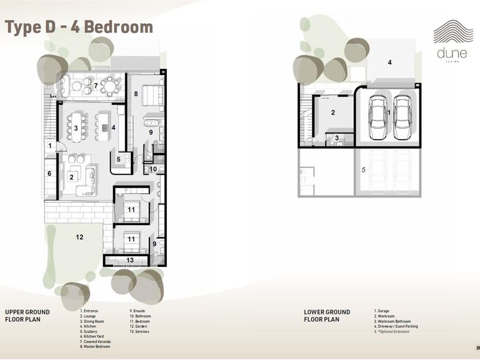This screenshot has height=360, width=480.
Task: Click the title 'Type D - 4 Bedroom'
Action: coord(79,27)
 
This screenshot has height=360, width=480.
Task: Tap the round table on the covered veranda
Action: coord(109,86)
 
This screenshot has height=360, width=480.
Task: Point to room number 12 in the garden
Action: coord(79,237)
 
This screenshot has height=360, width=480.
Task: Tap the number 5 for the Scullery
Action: coord(119,159)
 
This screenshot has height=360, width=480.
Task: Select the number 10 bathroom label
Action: coord(153,170)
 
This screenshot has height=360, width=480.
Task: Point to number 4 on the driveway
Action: coord(389,62)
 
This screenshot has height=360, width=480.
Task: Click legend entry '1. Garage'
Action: coord(383,311)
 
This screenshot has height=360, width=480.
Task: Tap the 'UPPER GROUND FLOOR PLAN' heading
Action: coord(27,316)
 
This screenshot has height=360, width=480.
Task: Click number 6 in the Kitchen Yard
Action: coord(50,173)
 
